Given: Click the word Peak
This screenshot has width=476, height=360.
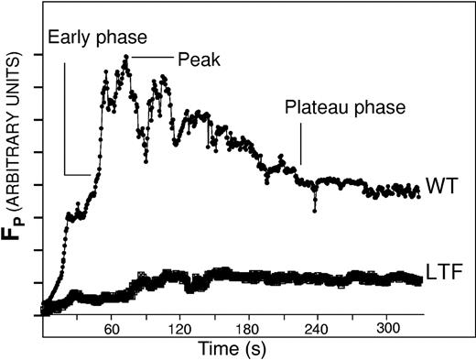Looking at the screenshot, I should tap(193, 57).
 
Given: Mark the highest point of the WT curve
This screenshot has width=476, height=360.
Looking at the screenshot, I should tap(125, 57).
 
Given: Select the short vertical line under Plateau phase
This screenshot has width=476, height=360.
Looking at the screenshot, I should tap(300, 147).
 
